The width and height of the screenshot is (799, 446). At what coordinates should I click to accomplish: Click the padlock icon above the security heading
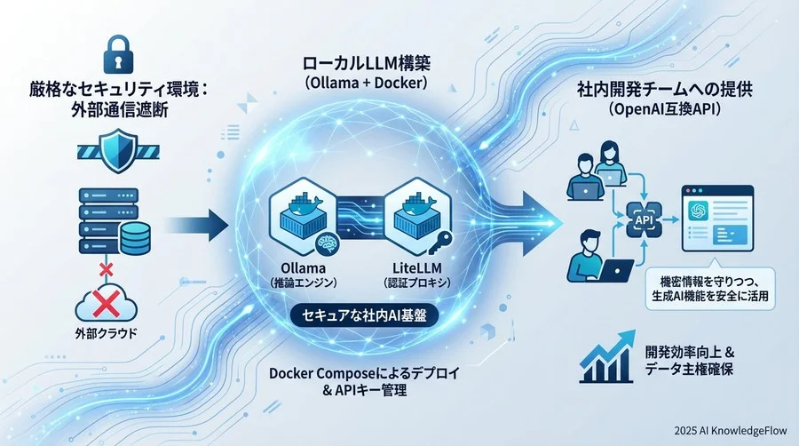click(118, 54)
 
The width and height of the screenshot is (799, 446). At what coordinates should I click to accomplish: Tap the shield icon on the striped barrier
click(118, 151)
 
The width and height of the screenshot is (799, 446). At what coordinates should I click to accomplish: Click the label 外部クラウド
click(106, 334)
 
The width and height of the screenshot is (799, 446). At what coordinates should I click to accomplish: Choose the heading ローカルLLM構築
click(367, 64)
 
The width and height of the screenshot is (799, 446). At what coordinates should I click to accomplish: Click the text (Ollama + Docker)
click(367, 84)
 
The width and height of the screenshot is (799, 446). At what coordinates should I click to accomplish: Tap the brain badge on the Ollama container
click(325, 243)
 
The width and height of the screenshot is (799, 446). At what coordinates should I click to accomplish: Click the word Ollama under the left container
click(304, 267)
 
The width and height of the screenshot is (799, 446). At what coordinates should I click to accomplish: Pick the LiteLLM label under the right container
click(417, 267)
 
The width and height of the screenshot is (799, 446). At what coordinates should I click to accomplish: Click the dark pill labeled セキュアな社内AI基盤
click(364, 316)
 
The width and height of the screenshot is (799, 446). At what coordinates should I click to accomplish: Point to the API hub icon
click(645, 219)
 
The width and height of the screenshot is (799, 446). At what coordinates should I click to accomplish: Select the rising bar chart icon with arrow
click(607, 356)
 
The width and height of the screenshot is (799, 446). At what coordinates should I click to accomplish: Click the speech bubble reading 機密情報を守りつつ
click(710, 289)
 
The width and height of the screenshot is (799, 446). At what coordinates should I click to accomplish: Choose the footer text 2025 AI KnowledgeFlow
click(731, 431)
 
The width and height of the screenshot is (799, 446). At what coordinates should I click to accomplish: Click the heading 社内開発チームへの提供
click(664, 90)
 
